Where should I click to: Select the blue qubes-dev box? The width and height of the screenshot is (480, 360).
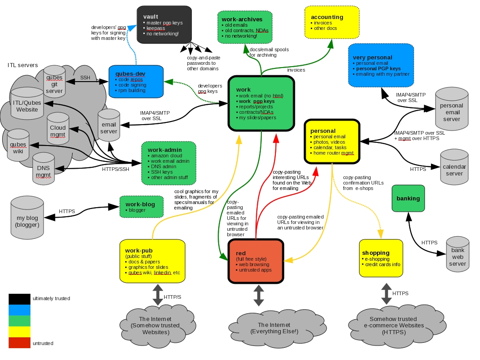pos(136,81)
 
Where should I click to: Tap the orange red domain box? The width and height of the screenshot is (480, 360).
pos(256,260)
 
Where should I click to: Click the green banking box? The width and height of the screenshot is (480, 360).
pos(408,198)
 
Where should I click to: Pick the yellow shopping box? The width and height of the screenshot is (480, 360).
pos(381,258)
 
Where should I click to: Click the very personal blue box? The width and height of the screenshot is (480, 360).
pos(381,65)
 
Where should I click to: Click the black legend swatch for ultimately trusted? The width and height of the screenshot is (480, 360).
pos(20,298)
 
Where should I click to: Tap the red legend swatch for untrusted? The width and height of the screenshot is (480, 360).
pos(20,343)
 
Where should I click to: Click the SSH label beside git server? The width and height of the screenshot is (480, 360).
pos(85,78)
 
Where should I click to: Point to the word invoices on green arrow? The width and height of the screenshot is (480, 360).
pos(296,70)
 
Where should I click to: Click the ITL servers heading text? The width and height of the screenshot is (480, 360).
pos(23,65)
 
